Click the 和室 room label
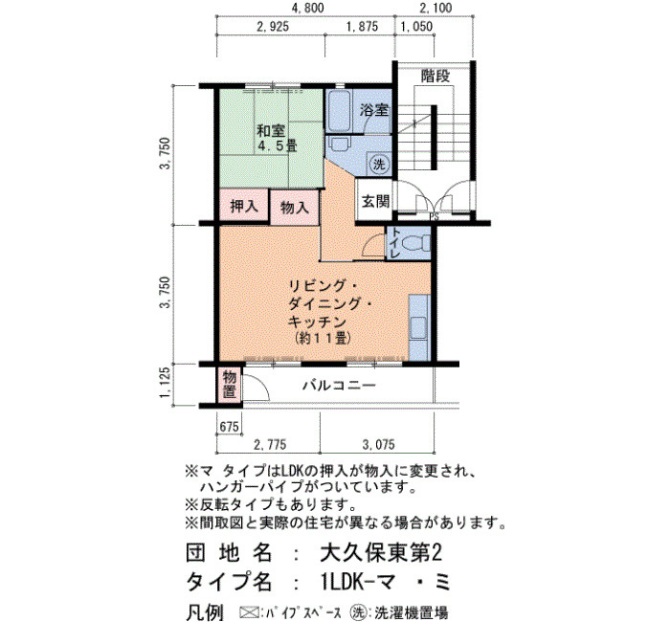click(271, 131)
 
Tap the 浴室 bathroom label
click(374, 110)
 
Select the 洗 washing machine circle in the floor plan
click(379, 164)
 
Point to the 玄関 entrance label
click(375, 201)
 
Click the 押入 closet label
click(244, 207)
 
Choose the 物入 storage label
click(295, 208)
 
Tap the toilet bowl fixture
click(416, 244)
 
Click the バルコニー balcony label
click(339, 386)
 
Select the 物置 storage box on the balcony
click(230, 385)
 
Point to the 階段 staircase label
click(435, 77)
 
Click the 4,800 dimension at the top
click(307, 8)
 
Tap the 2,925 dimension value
click(273, 27)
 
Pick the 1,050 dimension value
click(416, 27)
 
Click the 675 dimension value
click(229, 427)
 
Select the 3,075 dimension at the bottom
click(379, 445)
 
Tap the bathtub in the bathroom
click(338, 110)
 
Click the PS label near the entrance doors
click(434, 216)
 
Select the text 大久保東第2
click(381, 552)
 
